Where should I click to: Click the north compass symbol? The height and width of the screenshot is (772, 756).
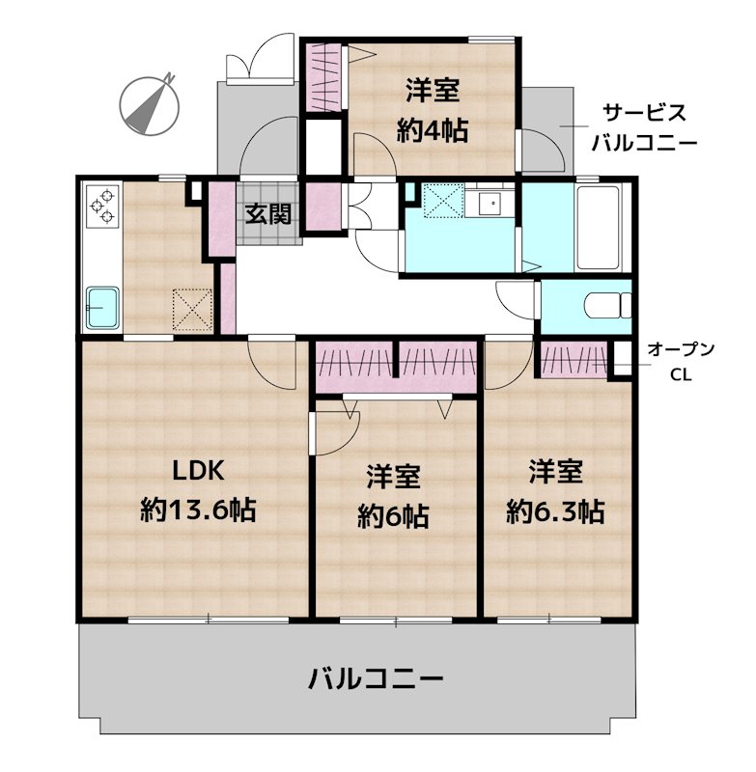(149, 103)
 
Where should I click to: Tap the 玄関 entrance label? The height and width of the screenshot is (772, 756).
(266, 214)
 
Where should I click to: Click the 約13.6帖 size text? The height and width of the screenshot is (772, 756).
(198, 510)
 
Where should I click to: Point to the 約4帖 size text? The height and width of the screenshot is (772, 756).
(432, 129)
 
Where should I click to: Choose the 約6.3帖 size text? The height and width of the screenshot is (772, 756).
(555, 510)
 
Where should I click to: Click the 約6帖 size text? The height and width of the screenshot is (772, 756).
(393, 516)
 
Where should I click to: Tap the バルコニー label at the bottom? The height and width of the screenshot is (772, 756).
(376, 678)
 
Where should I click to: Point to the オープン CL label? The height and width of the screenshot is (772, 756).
(681, 361)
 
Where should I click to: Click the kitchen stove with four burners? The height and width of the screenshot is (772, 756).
(102, 207)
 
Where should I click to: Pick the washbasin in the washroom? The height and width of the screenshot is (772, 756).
(490, 205)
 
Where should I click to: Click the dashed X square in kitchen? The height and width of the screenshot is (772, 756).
(192, 308)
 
